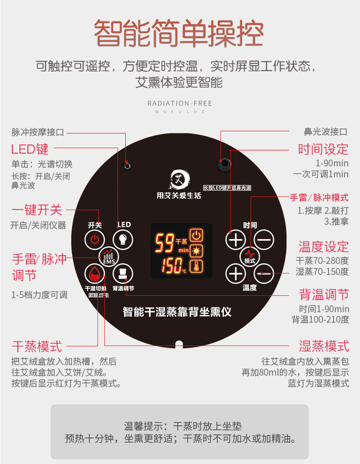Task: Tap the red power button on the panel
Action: [94, 239]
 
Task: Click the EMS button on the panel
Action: [109, 256]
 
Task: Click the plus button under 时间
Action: [235, 239]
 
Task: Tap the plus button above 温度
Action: [235, 273]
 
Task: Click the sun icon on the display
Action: [198, 251]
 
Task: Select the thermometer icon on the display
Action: [198, 267]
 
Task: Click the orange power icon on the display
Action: [198, 235]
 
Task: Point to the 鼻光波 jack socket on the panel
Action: [224, 164]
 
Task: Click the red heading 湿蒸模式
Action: [323, 347]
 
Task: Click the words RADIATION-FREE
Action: [180, 104]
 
